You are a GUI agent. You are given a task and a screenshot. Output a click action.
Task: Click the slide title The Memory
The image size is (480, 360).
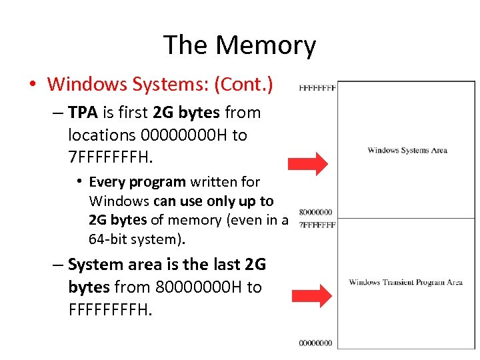click(239, 45)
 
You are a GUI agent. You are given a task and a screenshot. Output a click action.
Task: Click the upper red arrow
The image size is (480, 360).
click(308, 163)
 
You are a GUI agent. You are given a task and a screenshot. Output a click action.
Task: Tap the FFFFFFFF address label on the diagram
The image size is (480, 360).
click(317, 87)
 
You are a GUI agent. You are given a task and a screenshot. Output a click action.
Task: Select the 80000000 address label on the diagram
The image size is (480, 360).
click(316, 212)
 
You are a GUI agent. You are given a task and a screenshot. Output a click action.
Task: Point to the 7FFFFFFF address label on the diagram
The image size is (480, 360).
click(317, 225)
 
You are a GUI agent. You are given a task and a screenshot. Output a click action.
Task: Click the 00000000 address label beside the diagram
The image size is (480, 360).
click(316, 343)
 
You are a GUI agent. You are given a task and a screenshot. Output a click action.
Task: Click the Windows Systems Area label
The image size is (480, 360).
click(407, 150)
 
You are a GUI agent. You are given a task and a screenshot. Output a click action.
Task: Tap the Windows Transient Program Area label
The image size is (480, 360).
click(405, 282)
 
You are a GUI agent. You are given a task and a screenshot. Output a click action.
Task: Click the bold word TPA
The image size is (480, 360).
click(83, 113)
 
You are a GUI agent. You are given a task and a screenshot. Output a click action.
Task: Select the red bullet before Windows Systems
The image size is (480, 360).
click(33, 85)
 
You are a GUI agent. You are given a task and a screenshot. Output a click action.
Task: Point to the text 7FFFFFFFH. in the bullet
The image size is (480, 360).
click(110, 158)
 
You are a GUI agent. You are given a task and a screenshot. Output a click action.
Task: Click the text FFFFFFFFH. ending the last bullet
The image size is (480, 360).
click(110, 310)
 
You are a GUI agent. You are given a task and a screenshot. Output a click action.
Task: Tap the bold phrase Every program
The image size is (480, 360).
click(137, 182)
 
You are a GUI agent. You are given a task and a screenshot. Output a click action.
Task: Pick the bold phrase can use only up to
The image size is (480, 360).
click(213, 201)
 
